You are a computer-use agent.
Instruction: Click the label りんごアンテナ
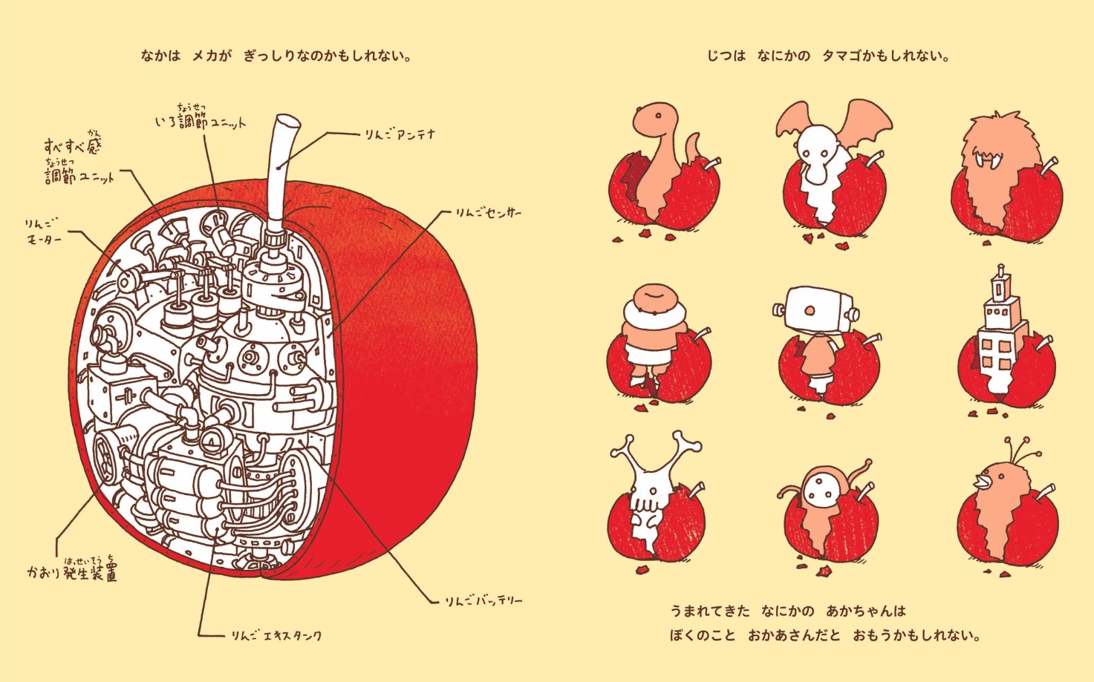tap(400, 134)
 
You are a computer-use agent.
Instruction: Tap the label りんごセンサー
tap(489, 213)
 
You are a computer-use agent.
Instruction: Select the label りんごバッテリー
tap(483, 601)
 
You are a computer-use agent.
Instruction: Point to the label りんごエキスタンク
tap(276, 636)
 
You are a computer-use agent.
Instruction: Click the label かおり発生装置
tap(72, 570)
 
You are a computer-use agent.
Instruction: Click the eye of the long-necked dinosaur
tap(658, 116)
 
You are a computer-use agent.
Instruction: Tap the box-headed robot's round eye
tap(810, 311)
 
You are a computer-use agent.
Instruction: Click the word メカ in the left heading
tap(205, 56)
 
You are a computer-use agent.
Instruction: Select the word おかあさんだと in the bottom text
tap(794, 636)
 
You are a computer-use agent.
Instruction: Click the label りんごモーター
tap(44, 232)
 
